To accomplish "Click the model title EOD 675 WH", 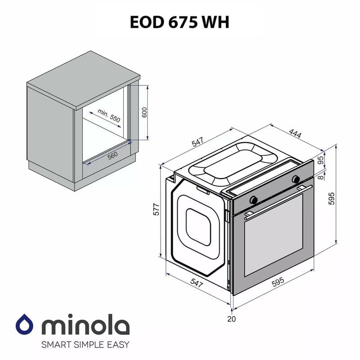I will coord(179,22).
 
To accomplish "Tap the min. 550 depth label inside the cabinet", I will coord(109,116).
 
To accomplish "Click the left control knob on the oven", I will coord(254,198).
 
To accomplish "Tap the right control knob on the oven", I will coord(296,179).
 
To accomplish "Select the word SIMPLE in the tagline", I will coord(85,345).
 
